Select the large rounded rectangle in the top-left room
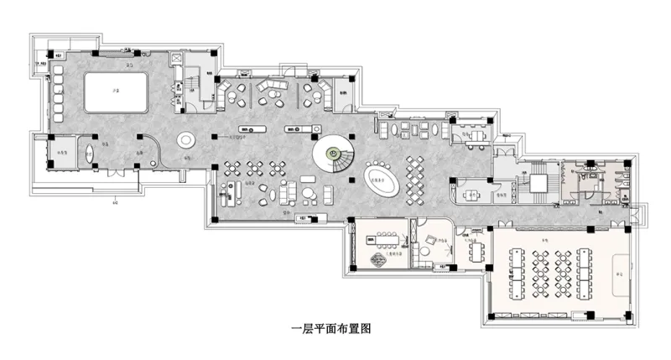pyautogui.click(x=116, y=90)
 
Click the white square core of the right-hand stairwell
pyautogui.click(x=535, y=182)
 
